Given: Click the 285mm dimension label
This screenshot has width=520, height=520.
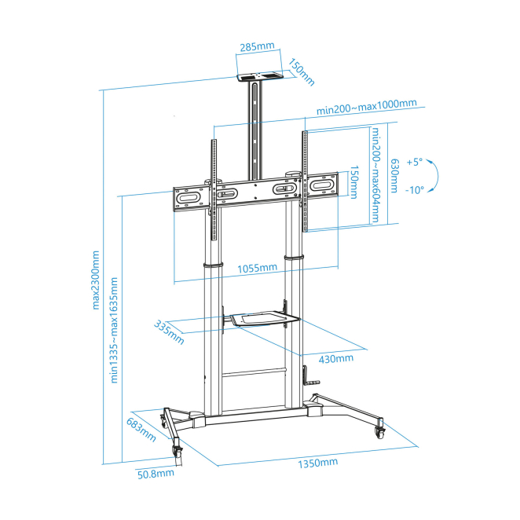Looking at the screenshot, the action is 258,46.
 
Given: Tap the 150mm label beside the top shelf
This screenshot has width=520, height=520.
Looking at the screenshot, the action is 301,72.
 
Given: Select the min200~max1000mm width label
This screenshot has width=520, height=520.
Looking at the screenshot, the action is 367,107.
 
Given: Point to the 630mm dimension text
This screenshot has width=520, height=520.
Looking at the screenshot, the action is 394,175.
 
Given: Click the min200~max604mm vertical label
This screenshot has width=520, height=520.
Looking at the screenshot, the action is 375,174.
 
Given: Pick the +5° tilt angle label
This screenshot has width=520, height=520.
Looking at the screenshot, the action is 415,162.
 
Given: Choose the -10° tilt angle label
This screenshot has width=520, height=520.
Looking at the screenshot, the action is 415,190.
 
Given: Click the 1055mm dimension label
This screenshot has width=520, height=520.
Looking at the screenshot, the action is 258,268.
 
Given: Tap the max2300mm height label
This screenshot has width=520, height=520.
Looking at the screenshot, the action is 95,280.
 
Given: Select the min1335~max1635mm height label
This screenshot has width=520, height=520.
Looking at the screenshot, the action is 114,331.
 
